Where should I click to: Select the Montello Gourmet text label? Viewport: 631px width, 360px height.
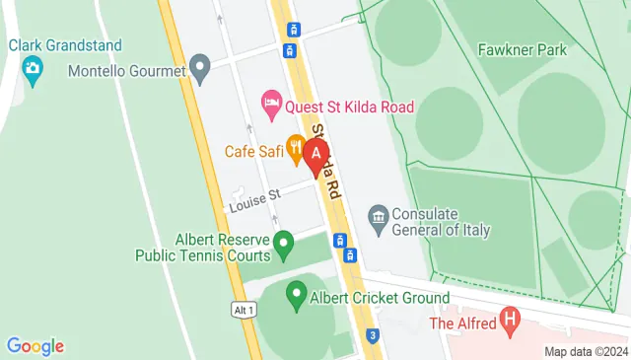pyautogui.click(x=127, y=71)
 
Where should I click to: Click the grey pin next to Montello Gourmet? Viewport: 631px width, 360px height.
pyautogui.click(x=200, y=70)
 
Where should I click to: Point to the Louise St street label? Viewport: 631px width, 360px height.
pyautogui.click(x=255, y=201)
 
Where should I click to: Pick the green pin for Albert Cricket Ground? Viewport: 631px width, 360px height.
pyautogui.click(x=296, y=293)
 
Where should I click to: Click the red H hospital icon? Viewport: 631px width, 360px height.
pyautogui.click(x=510, y=320)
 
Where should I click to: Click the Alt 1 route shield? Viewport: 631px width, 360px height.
pyautogui.click(x=245, y=310)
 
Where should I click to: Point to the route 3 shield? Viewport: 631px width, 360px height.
pyautogui.click(x=372, y=335)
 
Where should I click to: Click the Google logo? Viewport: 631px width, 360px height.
pyautogui.click(x=35, y=346)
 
